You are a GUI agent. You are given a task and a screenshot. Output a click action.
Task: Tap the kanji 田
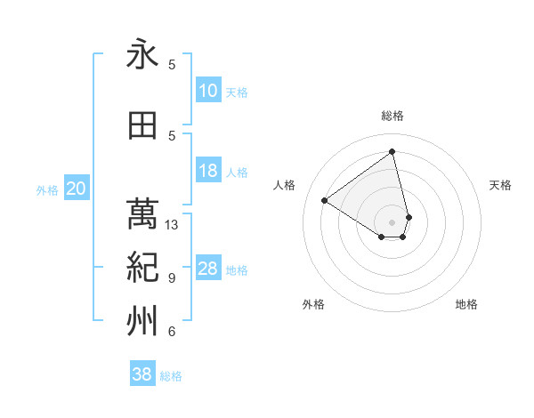[x=142, y=126]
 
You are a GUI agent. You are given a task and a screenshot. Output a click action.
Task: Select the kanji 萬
[x=142, y=214]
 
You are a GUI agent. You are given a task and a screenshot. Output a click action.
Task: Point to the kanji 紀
[x=142, y=268]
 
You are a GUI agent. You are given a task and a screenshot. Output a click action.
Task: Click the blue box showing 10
[x=208, y=91]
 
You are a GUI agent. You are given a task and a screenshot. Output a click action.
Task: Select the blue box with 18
[x=208, y=171]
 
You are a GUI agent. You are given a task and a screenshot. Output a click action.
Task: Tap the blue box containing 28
[x=208, y=269]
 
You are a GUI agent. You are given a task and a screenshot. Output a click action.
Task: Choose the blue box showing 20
[x=77, y=189]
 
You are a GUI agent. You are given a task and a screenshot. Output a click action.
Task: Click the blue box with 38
[x=142, y=374]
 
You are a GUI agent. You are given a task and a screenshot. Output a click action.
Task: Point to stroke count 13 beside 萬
[x=172, y=225]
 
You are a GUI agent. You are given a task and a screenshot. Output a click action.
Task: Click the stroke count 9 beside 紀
[x=172, y=278]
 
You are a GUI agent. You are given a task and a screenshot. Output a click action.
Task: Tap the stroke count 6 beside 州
[x=172, y=332]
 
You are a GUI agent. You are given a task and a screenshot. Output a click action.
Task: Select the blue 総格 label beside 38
[x=171, y=376]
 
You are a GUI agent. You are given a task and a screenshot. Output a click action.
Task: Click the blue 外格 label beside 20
[x=47, y=189]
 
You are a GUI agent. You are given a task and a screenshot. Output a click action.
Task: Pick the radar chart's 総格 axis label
[x=392, y=116]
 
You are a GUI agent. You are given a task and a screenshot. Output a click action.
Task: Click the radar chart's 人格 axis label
[x=285, y=185]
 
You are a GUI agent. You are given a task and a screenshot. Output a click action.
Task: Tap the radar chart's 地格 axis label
[x=466, y=304]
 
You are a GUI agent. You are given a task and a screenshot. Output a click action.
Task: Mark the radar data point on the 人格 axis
[x=325, y=200]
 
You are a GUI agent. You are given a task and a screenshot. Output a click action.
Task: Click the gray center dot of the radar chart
[x=392, y=221]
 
